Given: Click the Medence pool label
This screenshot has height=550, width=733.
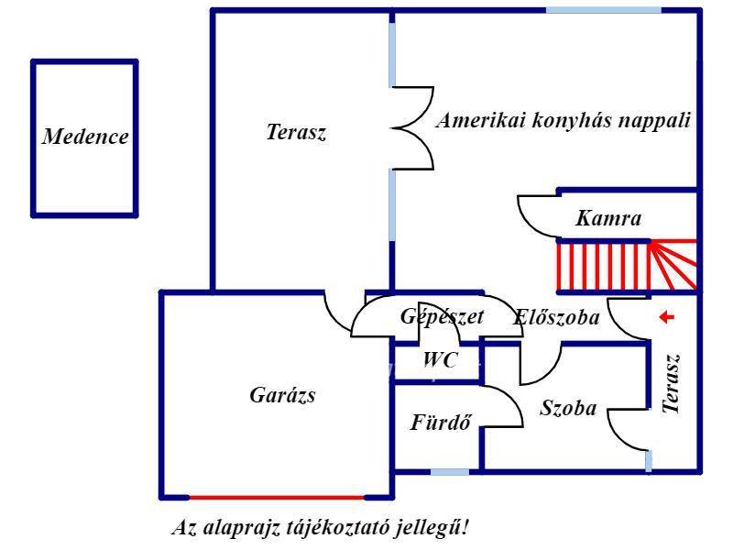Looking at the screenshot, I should pos(85,137).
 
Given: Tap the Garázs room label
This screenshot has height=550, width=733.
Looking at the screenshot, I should pos(282,395).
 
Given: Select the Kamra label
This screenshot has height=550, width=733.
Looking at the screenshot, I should pos(608,219).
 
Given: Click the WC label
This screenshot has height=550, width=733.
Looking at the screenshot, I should pos(441,361).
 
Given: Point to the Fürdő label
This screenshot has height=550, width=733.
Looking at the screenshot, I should pos(441,423).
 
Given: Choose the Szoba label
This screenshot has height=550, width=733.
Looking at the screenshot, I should pos(568,409).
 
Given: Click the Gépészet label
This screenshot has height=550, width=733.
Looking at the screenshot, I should pos(442,316).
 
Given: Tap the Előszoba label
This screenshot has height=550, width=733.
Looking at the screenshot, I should pos(557,318).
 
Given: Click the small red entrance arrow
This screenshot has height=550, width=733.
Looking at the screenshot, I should pos(667,317).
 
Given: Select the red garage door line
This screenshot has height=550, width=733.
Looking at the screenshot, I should pos(277,497).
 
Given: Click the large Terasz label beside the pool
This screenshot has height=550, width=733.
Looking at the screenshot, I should pos(296,132).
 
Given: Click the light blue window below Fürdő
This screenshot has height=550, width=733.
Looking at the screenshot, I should pos(450,472).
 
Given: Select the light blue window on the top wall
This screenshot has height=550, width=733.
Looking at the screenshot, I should pos(603,10).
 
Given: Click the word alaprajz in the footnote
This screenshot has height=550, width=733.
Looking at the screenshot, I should pos(231,529).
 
